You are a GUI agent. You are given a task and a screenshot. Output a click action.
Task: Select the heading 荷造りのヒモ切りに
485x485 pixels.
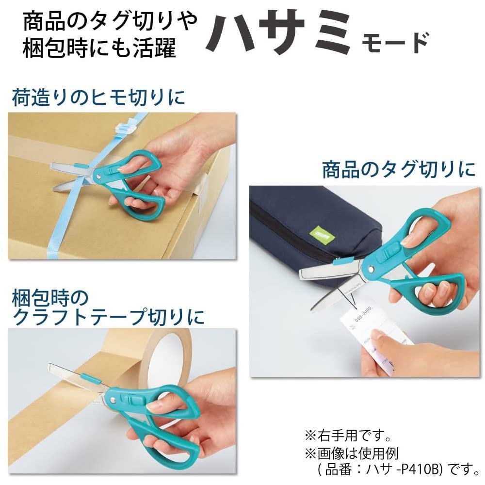tap(98, 97)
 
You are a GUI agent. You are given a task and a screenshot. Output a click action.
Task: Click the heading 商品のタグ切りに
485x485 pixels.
tap(399, 170)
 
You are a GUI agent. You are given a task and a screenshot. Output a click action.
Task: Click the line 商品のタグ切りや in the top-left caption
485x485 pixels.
tap(110, 22)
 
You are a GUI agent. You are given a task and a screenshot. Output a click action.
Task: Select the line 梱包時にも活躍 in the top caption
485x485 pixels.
tap(99, 49)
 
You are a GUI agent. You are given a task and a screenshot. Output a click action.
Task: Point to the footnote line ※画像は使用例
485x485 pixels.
tap(351, 453)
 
